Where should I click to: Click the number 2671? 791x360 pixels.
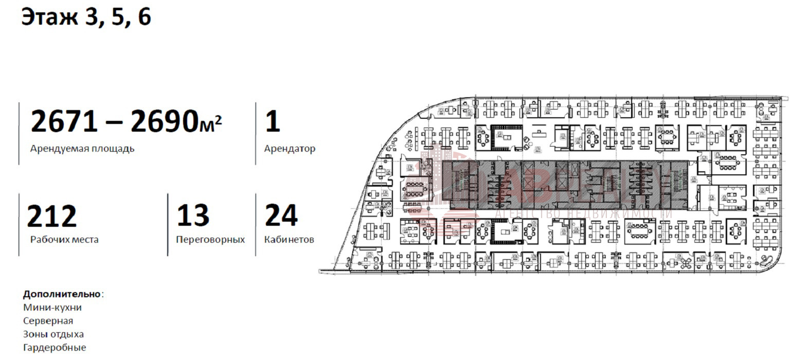pos(64,121)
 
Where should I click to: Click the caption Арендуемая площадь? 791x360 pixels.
pos(82,149)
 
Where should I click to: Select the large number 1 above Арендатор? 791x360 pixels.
pos(273,121)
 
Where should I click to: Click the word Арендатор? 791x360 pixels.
pos(290,149)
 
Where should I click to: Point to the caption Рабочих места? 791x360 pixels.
pos(64,240)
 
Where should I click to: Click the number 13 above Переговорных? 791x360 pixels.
pos(193,216)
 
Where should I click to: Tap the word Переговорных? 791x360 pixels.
pos(210,240)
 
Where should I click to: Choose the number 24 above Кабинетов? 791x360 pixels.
pos(281,216)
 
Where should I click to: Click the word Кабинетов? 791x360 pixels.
pos(289,240)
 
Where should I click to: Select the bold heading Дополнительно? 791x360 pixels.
pos(62,295)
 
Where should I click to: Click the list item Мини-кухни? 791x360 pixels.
pos(52,308)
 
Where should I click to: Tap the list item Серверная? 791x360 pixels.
pos(48,321)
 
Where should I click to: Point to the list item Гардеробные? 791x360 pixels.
pos(55,348)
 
